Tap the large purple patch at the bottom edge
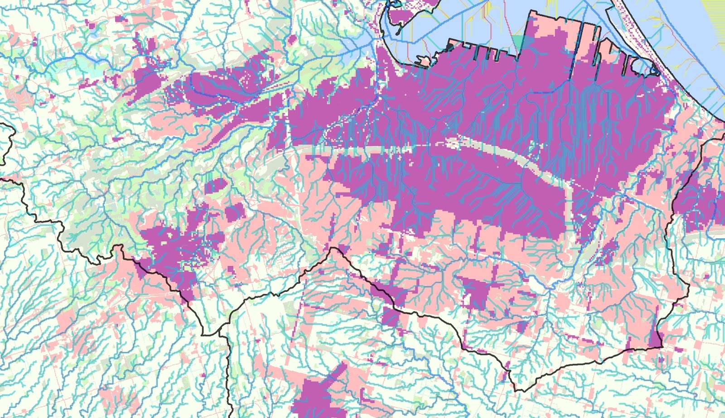pyautogui.click(x=317, y=395)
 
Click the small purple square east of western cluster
pyautogui.click(x=234, y=212)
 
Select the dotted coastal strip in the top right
pyautogui.click(x=643, y=36)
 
